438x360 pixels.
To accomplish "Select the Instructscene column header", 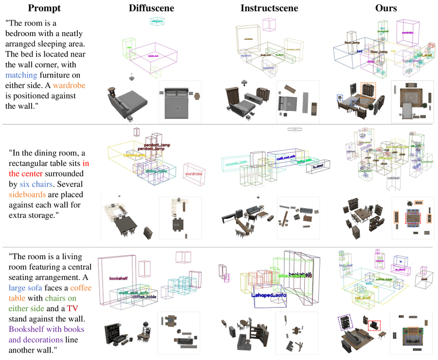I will click(x=269, y=8).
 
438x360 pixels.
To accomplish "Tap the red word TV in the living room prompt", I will click(x=73, y=308).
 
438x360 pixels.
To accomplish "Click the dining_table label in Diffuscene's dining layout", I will click(x=156, y=171).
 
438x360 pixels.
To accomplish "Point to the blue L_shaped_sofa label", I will click(x=269, y=295).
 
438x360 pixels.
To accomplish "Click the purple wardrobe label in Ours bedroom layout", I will click(x=407, y=33).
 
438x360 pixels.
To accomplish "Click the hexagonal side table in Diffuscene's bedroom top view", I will click(x=197, y=96).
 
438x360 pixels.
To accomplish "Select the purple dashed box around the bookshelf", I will click(x=345, y=322).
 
